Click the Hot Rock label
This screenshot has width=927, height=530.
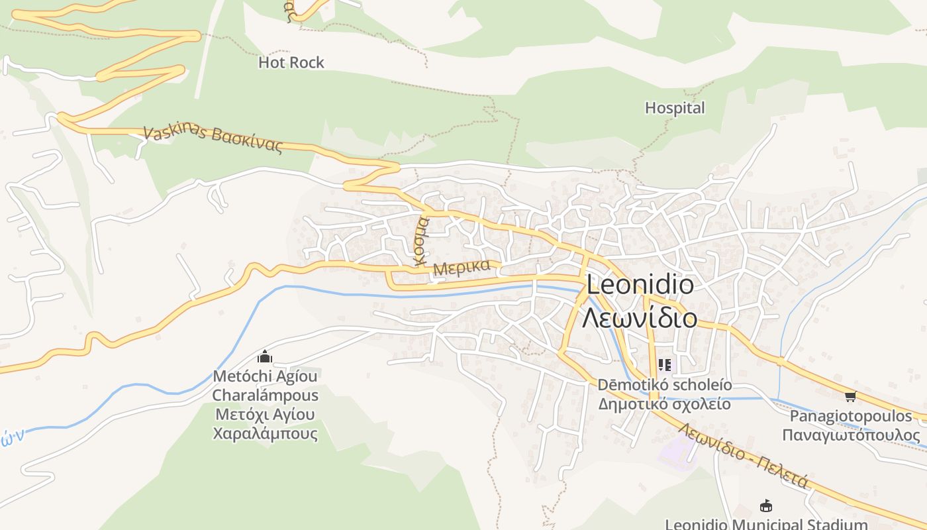(291, 62)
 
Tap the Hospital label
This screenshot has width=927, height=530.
(675, 107)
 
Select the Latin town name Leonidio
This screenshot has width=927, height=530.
(640, 285)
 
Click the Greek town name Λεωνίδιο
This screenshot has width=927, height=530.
(640, 317)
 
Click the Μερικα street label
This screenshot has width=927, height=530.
(462, 268)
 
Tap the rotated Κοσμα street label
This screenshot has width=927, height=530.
(422, 241)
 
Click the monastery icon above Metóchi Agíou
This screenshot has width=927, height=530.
(265, 357)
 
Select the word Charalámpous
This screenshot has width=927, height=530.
(265, 396)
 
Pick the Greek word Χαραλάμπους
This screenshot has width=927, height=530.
(265, 434)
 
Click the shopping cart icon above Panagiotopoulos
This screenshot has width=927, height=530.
(850, 396)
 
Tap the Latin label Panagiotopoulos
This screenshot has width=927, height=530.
(851, 416)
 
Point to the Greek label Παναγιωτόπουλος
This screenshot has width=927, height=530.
(851, 435)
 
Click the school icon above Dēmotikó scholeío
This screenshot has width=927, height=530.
(665, 364)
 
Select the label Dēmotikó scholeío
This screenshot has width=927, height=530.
(665, 384)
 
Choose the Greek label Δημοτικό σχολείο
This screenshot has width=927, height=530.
(665, 403)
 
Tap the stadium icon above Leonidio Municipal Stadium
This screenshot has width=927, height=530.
(766, 505)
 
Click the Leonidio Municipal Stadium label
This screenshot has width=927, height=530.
(766, 524)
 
